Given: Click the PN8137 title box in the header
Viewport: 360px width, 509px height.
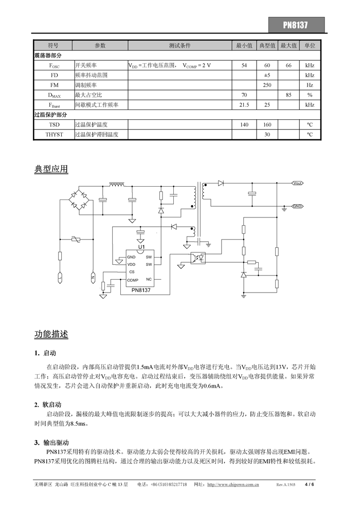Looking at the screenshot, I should pyautogui.click(x=296, y=25).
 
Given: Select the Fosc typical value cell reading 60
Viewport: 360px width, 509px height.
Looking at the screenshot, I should pyautogui.click(x=267, y=65).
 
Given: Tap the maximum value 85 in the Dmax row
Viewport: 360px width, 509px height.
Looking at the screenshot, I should pyautogui.click(x=289, y=95).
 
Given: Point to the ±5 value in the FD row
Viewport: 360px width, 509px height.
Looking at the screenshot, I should pyautogui.click(x=267, y=75).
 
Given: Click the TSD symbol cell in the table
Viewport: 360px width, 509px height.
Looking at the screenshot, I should pyautogui.click(x=54, y=125).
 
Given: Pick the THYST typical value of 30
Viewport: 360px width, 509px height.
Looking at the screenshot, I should pyautogui.click(x=267, y=135).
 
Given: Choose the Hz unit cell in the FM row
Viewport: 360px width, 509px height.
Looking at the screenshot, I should pyautogui.click(x=310, y=85).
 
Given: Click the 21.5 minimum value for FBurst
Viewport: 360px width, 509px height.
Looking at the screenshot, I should pyautogui.click(x=244, y=105).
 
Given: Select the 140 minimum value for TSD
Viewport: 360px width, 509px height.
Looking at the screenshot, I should pyautogui.click(x=244, y=125).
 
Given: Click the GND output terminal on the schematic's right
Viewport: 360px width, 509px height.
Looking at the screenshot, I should pyautogui.click(x=297, y=206).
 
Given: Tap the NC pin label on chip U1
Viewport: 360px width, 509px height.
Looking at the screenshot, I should pyautogui.click(x=149, y=279).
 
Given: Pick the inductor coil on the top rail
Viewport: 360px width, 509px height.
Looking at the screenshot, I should pyautogui.click(x=118, y=184).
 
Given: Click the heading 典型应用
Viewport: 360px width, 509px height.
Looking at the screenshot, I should pyautogui.click(x=51, y=169).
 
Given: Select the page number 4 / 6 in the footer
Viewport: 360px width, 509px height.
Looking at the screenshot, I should pyautogui.click(x=309, y=484).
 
